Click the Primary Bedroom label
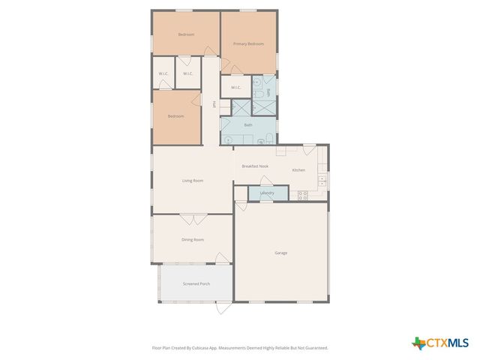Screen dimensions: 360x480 (248, 44)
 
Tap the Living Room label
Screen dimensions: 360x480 (193, 181)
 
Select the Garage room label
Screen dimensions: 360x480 (280, 253)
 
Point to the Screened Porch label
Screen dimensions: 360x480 (196, 284)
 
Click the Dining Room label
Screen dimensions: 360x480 (193, 240)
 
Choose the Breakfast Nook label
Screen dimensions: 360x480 (255, 166)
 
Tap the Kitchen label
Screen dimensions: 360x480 (298, 170)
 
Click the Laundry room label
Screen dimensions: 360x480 (267, 193)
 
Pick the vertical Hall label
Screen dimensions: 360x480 (215, 105)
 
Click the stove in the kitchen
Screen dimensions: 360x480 (303, 195)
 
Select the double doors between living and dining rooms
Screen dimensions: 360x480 (193, 218)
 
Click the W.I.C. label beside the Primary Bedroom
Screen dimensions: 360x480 (235, 88)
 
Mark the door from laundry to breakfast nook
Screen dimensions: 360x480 (265, 180)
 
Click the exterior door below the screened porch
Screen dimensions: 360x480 (223, 307)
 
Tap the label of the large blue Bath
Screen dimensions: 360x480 (247, 124)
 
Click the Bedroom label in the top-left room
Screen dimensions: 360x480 (186, 34)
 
